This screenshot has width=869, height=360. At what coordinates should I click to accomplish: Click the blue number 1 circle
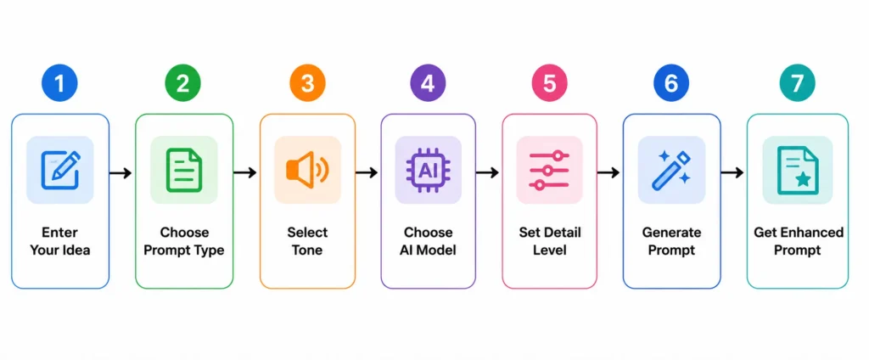click(60, 83)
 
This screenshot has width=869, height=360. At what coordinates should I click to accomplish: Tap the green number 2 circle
click(183, 83)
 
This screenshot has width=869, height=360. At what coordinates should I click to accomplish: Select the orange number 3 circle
click(307, 83)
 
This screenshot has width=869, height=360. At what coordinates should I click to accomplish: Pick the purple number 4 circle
click(428, 83)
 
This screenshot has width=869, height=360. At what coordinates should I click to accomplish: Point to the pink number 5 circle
click(549, 83)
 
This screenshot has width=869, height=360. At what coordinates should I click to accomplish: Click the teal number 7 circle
click(797, 83)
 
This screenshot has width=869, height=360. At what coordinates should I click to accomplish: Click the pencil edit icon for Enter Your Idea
click(60, 170)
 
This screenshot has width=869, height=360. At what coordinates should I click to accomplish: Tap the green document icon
click(184, 170)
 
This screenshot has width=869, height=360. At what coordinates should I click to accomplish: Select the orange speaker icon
click(307, 170)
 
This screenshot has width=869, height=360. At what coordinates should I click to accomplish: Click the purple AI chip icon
click(428, 170)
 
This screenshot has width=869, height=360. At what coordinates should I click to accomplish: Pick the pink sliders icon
click(549, 170)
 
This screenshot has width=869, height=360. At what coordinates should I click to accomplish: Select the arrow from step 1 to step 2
click(121, 173)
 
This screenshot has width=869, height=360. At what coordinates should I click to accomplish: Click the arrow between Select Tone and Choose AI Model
click(366, 173)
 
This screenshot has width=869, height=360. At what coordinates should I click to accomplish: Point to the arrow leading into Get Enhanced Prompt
click(732, 173)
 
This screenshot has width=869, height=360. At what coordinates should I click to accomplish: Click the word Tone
click(307, 250)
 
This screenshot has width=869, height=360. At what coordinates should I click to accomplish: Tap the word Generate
click(671, 232)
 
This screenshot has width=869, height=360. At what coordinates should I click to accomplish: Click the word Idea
click(75, 250)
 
